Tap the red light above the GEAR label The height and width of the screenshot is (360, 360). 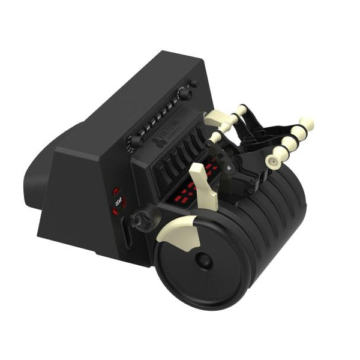[x=116, y=192]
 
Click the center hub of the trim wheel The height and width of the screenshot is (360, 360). [x=203, y=260]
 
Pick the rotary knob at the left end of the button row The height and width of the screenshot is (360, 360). [x=137, y=142]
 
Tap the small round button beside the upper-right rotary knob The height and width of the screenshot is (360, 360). [x=193, y=83]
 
